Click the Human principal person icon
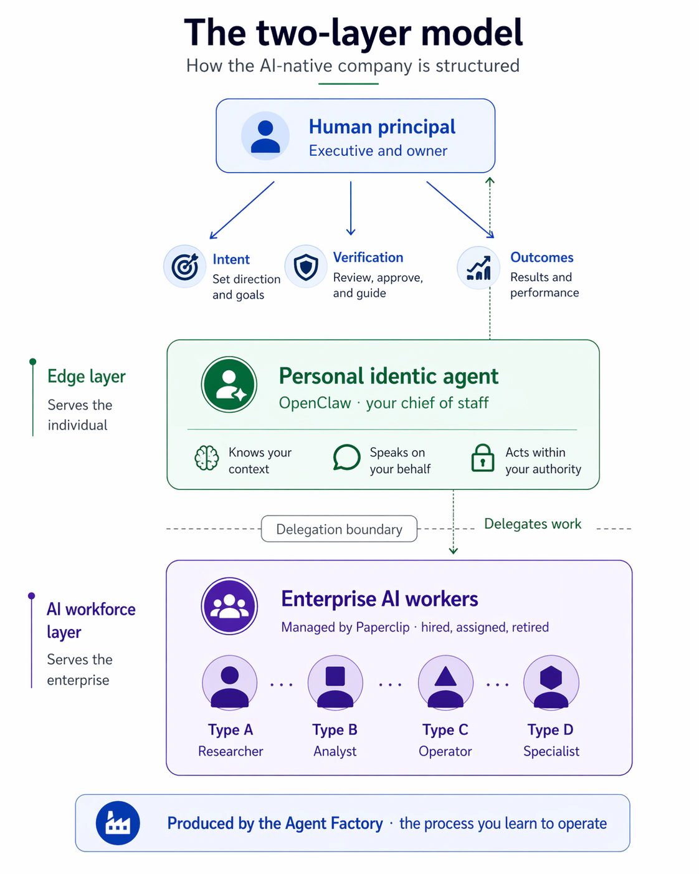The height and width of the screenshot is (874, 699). point(265,136)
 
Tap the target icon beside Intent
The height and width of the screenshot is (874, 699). point(184,266)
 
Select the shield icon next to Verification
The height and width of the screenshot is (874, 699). point(306,266)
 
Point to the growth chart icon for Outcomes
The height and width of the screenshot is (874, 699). point(478,267)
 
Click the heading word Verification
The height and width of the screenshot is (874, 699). point(368,257)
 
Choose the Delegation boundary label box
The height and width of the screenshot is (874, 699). point(339,529)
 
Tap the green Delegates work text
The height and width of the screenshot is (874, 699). point(533,524)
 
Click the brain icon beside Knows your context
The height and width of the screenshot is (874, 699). point(207,458)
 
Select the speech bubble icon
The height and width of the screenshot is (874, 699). point(346,458)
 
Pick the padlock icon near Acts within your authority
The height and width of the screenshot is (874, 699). point(483,458)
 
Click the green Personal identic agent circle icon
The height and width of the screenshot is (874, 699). point(229,385)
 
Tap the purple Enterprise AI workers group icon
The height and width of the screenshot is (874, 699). point(229,606)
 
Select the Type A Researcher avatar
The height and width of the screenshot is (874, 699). point(230,683)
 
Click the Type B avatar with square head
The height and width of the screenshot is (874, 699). point(335,683)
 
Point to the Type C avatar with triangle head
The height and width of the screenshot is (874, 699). point(445,683)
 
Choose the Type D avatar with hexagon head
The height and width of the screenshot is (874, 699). point(551,683)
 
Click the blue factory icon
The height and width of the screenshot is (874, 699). point(118,823)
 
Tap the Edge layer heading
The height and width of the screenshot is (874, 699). point(87,377)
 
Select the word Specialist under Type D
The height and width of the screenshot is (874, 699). point(551,751)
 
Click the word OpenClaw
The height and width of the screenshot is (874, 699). point(315,403)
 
